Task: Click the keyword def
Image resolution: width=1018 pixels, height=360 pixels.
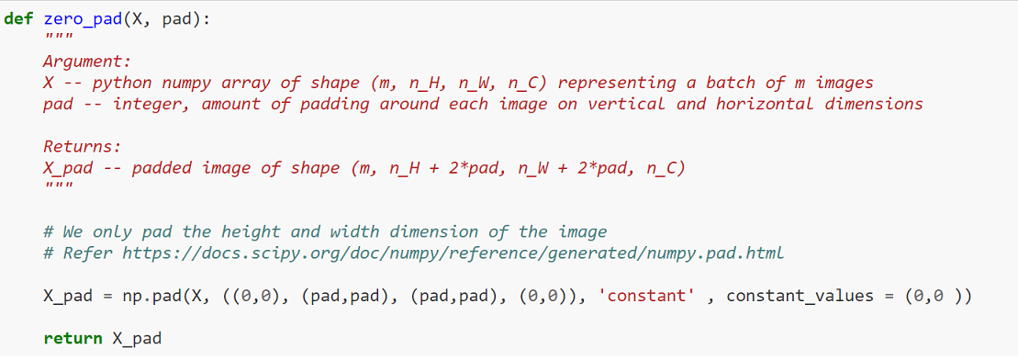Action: tap(19, 20)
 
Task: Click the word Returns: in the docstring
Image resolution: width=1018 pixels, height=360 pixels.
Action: tap(83, 146)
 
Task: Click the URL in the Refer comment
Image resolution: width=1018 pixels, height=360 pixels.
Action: tap(452, 253)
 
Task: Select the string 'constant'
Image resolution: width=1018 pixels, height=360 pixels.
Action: tap(643, 296)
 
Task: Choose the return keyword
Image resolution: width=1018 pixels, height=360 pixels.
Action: tap(73, 338)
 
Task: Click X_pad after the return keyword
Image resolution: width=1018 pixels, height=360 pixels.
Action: tap(137, 338)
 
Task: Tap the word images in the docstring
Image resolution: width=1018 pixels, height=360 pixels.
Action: tap(843, 83)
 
